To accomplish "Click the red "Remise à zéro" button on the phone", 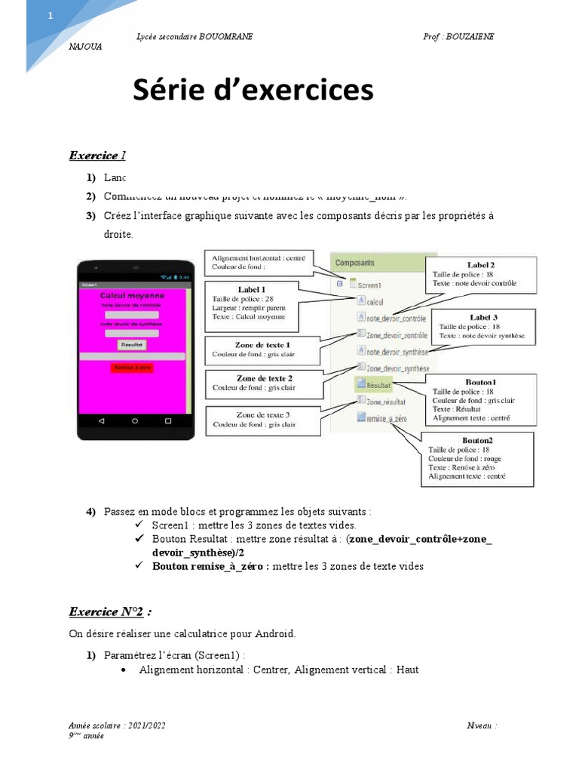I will pos(132,368).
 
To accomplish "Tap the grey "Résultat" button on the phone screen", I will pos(132,344).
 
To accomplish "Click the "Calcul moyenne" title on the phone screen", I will pos(132,296).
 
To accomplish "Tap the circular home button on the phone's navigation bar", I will pos(135,420).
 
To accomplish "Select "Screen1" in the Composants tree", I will pos(367,285).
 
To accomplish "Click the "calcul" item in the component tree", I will pos(375,301).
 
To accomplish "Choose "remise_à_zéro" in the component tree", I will pos(387,417).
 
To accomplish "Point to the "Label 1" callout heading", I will pos(252,289).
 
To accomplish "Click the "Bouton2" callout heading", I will pos(477,440).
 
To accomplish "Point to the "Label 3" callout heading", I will pos(483,317).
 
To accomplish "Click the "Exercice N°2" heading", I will pos(113,611).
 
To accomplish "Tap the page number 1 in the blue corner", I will pos(51,17).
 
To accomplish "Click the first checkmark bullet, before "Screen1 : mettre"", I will pos(139,525).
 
